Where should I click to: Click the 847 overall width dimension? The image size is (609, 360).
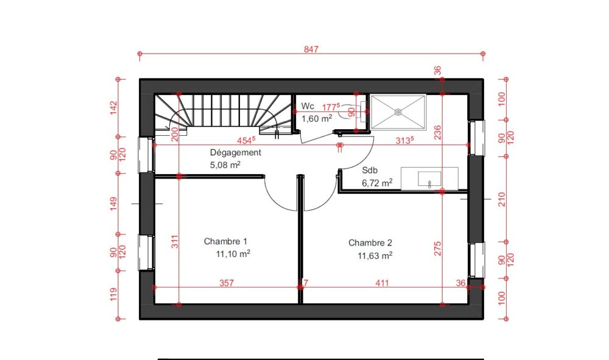pyautogui.click(x=311, y=49)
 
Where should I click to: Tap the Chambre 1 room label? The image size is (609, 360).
pyautogui.click(x=225, y=241)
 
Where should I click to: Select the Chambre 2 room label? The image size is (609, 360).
pyautogui.click(x=370, y=242)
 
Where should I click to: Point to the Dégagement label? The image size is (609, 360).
pyautogui.click(x=235, y=153)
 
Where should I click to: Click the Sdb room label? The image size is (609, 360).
pyautogui.click(x=370, y=170)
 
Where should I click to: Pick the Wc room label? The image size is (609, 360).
pyautogui.click(x=308, y=106)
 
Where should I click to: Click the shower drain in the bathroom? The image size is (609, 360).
pyautogui.click(x=398, y=112)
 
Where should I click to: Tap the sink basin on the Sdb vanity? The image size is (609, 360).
pyautogui.click(x=429, y=179)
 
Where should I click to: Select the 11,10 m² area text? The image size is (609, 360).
pyautogui.click(x=233, y=254)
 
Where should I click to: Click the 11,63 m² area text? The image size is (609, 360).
pyautogui.click(x=375, y=256)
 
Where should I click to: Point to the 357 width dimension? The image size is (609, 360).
pyautogui.click(x=227, y=283)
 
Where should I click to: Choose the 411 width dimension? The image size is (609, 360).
pyautogui.click(x=382, y=283)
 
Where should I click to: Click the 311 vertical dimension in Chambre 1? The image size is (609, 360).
pyautogui.click(x=175, y=242)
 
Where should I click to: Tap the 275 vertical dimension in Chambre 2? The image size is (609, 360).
pyautogui.click(x=438, y=249)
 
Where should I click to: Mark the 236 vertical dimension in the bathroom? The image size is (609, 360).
pyautogui.click(x=438, y=132)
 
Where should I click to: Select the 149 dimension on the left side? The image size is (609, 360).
pyautogui.click(x=113, y=204)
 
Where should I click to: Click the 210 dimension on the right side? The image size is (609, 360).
pyautogui.click(x=501, y=199)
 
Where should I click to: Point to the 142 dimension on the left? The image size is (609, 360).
pyautogui.click(x=113, y=108)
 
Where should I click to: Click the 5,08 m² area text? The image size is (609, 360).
pyautogui.click(x=225, y=165)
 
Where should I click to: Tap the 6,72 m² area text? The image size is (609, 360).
pyautogui.click(x=377, y=183)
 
